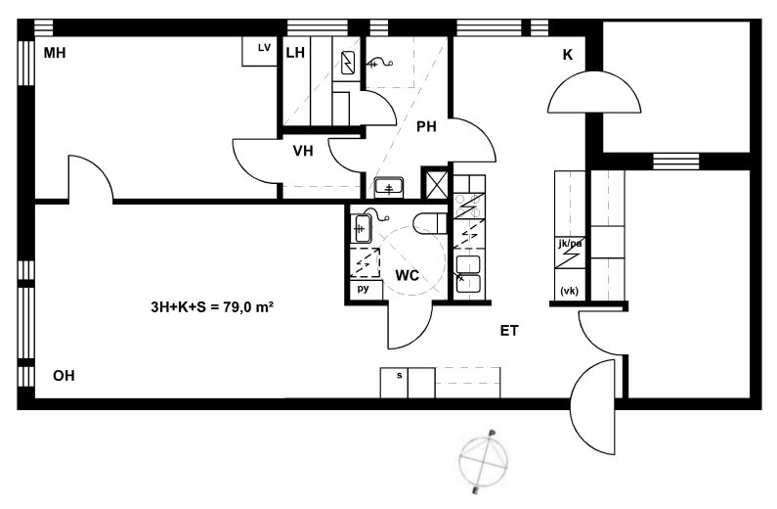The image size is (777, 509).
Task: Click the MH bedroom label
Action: pos(55,53)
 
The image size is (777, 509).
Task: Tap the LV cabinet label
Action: pos(265,48)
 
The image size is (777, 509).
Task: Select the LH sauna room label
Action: pos(295,53)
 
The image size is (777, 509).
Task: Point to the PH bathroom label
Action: pos(426,127)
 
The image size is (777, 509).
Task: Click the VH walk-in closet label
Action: pos(303,151)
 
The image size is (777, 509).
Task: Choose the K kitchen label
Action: pos(568,55)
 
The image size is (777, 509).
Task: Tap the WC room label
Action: pos(407,275)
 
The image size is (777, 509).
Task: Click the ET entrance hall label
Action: pos(509,331)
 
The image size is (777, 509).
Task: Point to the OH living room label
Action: pos(64,376)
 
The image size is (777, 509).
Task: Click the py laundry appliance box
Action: pos(366,290)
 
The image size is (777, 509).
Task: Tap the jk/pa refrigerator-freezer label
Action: pos(570,244)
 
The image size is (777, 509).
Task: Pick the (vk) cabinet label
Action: pos(569,292)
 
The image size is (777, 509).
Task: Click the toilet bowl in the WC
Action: pos(430,224)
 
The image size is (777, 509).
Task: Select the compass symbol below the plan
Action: pos(483,461)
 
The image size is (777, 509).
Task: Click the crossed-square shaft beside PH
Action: pos(434,184)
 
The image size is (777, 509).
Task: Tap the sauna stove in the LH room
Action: pos(348,63)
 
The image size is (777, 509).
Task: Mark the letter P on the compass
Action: pos(491,433)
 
